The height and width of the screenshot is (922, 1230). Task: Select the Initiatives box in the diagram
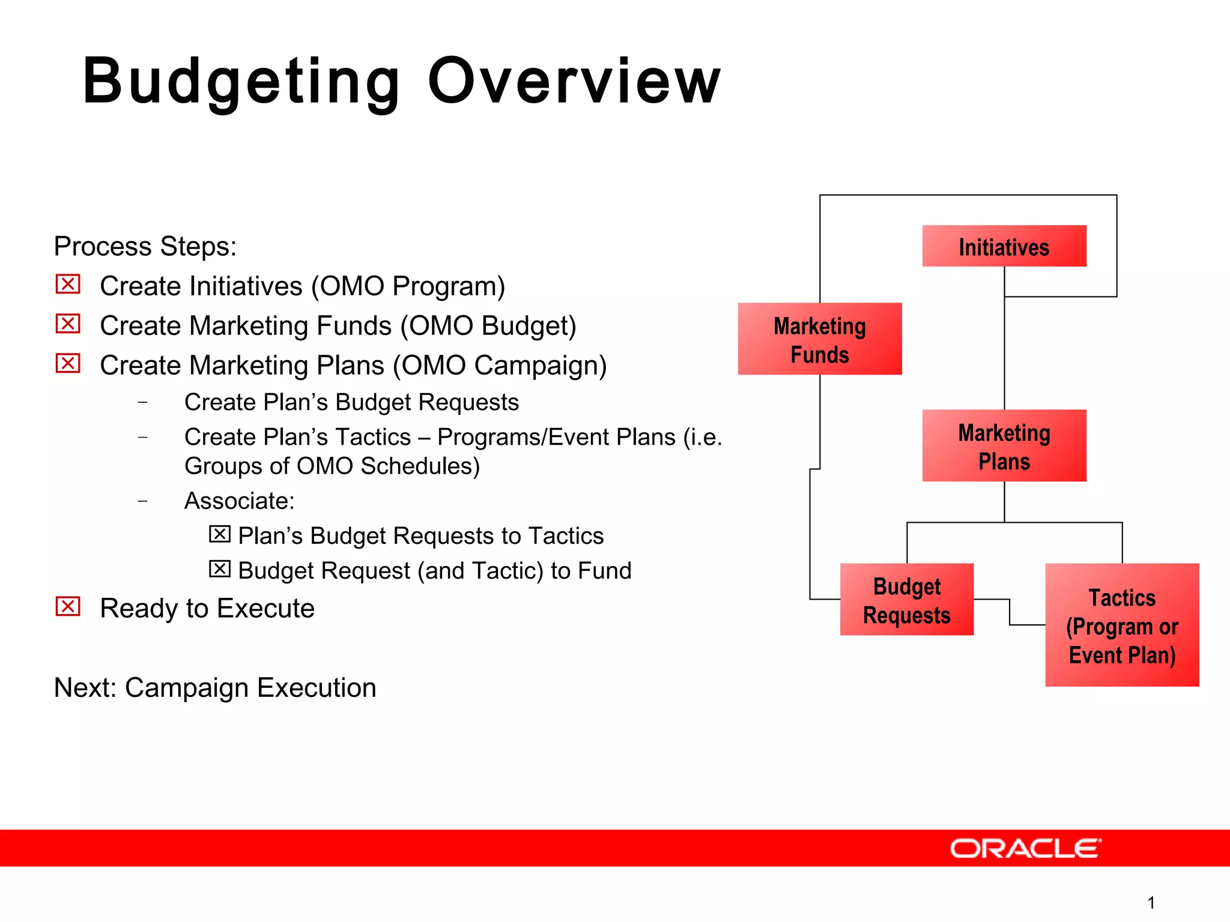(1004, 246)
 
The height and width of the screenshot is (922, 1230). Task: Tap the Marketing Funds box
(820, 339)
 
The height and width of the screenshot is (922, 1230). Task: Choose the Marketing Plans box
(1004, 445)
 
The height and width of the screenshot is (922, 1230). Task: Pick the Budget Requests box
(907, 599)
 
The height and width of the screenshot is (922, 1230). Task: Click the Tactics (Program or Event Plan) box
(1122, 625)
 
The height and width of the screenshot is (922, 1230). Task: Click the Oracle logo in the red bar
(1026, 848)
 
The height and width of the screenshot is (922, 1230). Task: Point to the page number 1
(1151, 902)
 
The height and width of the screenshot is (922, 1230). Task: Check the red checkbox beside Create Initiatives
(68, 284)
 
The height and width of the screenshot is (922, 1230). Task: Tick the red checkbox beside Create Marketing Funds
(68, 324)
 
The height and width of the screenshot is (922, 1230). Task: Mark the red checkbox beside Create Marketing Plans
(68, 363)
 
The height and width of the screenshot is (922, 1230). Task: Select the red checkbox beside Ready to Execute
(68, 606)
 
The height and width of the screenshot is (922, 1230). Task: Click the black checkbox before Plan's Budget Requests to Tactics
(220, 534)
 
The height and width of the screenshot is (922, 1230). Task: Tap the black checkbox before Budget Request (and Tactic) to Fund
(220, 568)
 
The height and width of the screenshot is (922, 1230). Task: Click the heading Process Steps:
(145, 247)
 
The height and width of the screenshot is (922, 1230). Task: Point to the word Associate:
(240, 501)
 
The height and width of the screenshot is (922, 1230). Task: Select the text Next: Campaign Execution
(215, 688)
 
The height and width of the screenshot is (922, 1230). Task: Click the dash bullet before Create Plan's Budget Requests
(142, 402)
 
